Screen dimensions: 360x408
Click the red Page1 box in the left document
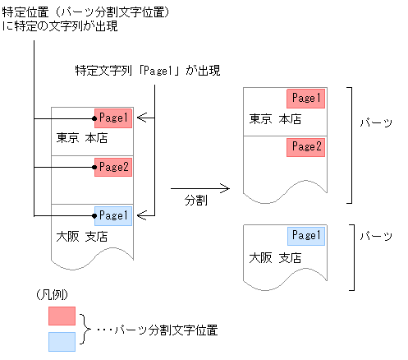coord(113,118)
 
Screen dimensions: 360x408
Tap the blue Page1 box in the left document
coord(113,215)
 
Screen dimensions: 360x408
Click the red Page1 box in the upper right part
coord(305,99)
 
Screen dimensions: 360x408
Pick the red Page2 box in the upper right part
coord(305,147)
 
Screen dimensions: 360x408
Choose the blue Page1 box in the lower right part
coord(305,236)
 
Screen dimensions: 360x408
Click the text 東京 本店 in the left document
coord(83,138)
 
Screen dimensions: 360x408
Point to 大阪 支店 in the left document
coord(83,237)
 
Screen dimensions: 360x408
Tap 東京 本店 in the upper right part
coord(275,120)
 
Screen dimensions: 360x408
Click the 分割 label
coord(195,200)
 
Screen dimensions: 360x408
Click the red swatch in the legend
coord(62,316)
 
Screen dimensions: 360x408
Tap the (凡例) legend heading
coord(50,294)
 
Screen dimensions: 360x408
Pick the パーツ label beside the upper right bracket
coord(376,122)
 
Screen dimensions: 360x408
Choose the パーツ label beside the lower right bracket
coord(376,235)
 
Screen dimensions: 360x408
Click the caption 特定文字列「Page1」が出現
coord(148,72)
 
